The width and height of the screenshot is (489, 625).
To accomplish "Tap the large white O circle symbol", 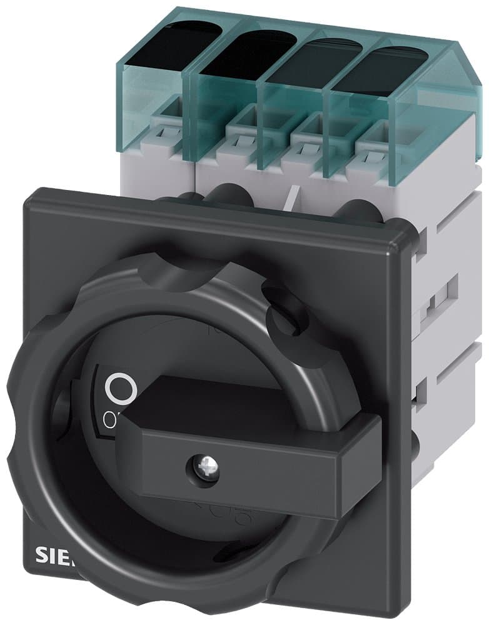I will [x=121, y=389].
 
